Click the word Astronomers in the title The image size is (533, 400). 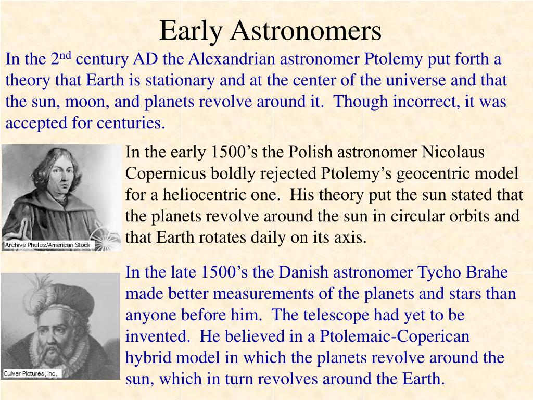click(306, 31)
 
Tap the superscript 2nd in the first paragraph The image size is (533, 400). click(61, 58)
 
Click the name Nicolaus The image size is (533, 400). click(453, 152)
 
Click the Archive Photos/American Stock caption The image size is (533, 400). click(47, 245)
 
